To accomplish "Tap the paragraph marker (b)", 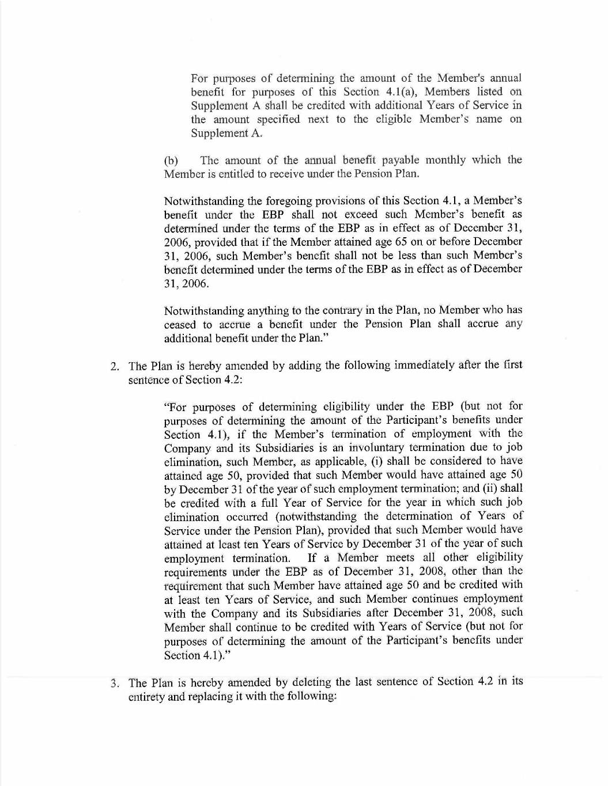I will coord(171,161).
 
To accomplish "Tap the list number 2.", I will coord(115,366).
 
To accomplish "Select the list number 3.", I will coord(115,684).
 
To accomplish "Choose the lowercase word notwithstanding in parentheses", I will coord(321,517).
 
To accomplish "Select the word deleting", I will coord(311,682).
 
